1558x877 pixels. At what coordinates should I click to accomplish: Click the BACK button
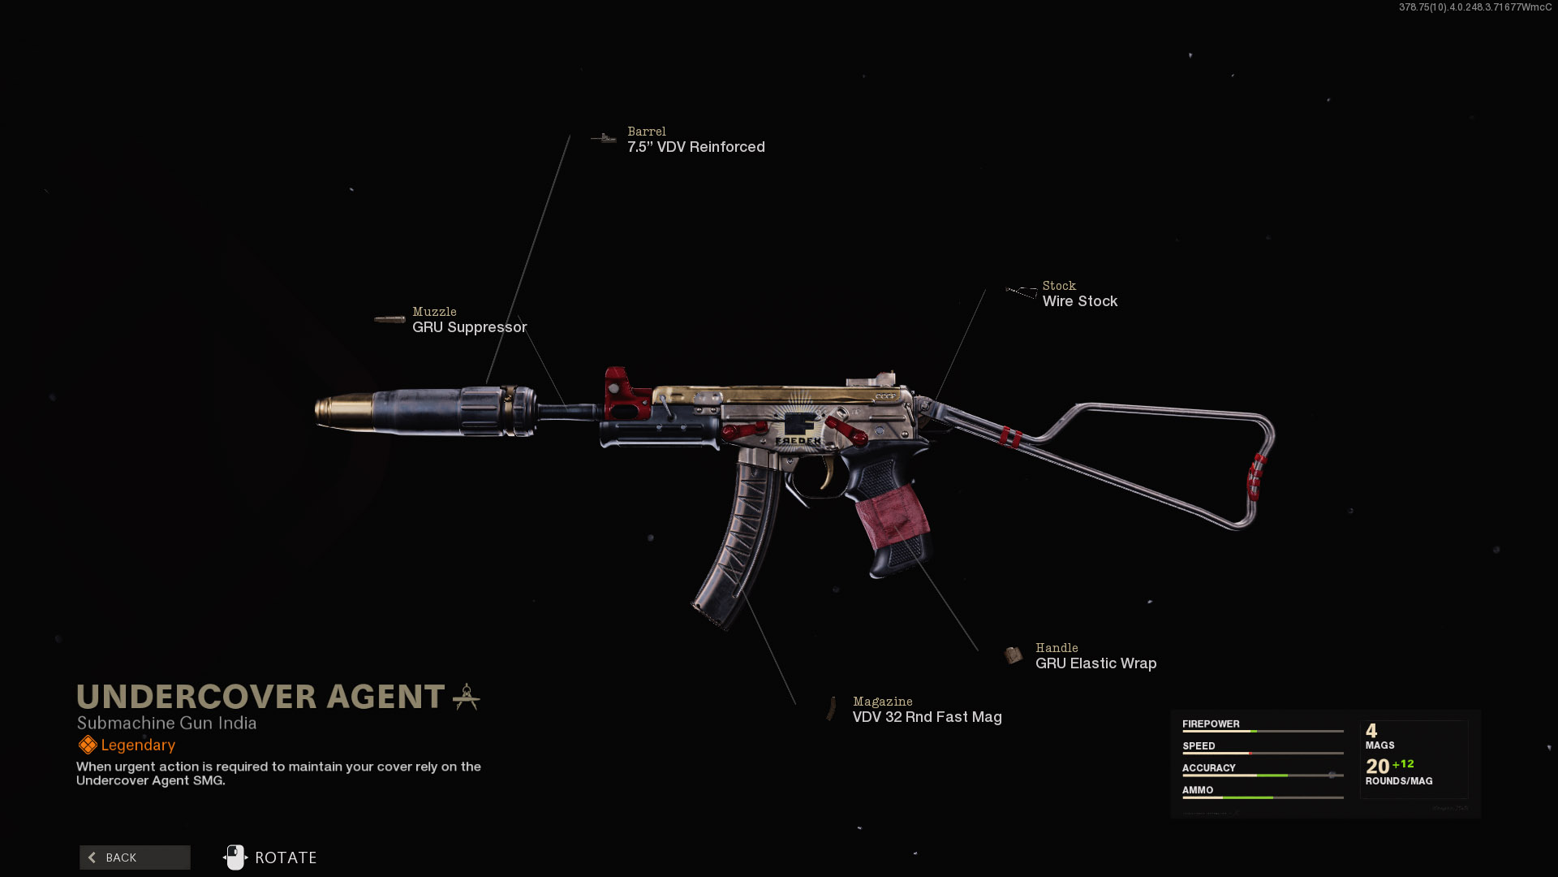click(x=135, y=858)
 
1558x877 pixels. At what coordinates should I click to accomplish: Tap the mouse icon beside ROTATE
click(x=235, y=857)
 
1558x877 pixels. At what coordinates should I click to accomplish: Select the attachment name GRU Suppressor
click(x=469, y=327)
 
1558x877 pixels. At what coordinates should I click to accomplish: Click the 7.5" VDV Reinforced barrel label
click(x=695, y=147)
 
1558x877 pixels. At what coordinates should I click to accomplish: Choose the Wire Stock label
click(x=1079, y=301)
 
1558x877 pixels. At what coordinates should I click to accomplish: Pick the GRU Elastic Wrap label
click(x=1095, y=663)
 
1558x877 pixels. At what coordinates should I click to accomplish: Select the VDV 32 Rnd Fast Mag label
click(x=927, y=717)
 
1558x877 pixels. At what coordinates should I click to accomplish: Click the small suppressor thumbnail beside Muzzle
click(x=389, y=319)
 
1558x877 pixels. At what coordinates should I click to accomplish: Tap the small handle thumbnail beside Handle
click(x=1013, y=655)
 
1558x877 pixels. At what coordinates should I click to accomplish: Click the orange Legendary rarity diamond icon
click(x=87, y=745)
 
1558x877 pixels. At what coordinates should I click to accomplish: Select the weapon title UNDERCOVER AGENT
click(x=260, y=697)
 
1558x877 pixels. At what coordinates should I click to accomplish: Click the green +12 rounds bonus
click(x=1403, y=764)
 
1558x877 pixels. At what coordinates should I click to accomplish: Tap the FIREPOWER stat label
click(x=1210, y=724)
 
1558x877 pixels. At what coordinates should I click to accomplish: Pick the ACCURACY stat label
click(x=1208, y=767)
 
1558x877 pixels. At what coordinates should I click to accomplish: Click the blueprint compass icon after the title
click(x=467, y=697)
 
